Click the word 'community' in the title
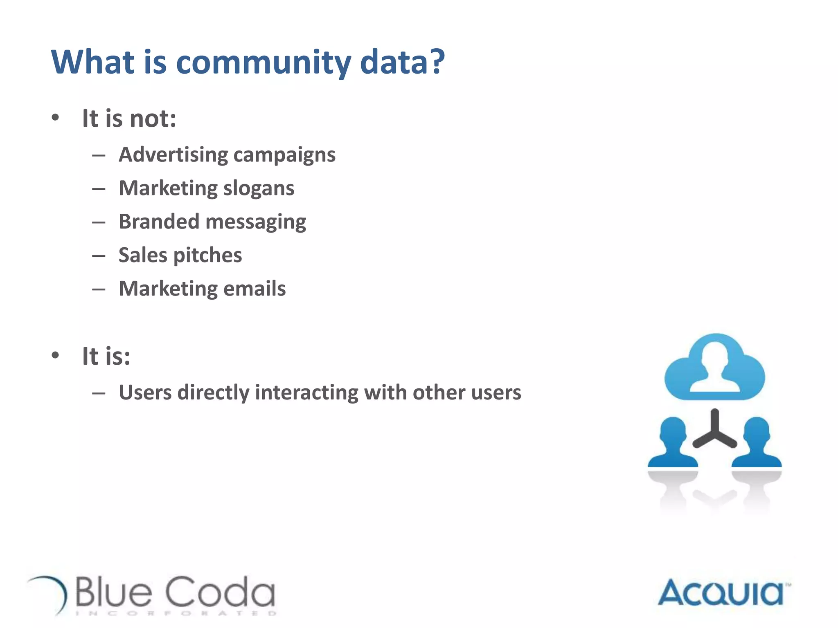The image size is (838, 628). click(x=263, y=62)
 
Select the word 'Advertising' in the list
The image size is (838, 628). click(x=173, y=155)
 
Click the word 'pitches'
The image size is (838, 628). click(x=207, y=256)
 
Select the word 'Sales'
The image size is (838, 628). click(x=143, y=255)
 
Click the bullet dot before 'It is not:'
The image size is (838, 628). click(x=56, y=118)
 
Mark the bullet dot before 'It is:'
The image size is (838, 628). click(x=56, y=355)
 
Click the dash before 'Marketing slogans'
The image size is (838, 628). click(x=99, y=189)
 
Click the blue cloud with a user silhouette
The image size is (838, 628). click(x=714, y=368)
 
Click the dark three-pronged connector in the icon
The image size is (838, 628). click(x=714, y=431)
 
